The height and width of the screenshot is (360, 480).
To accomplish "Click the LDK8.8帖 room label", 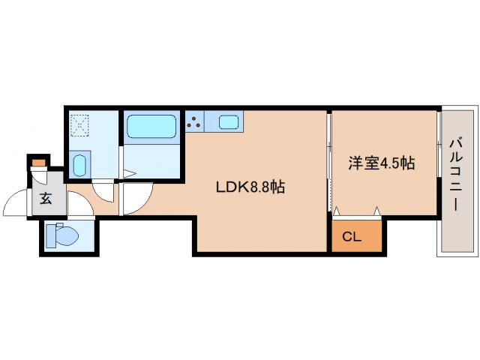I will (250, 188).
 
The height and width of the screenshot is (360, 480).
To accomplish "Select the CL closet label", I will (352, 238).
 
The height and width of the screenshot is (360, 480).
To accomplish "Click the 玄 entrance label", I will (46, 199).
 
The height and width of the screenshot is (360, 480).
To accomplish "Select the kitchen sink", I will (229, 120).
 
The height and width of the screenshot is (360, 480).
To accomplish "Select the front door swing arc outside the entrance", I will (16, 202).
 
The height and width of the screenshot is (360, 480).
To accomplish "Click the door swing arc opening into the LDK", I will (136, 199).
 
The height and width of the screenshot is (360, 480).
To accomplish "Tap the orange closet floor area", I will (357, 234).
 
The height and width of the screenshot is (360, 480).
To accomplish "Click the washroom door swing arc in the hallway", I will (105, 192).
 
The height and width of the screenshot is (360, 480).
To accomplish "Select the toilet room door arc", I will (79, 206).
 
